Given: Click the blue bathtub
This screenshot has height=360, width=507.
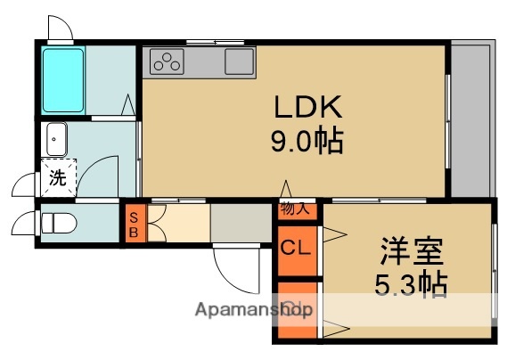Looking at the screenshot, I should (x=62, y=78).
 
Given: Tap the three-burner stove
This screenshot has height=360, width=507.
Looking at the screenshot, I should (x=167, y=61).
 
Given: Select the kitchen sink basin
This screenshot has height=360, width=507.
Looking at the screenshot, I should (x=239, y=61).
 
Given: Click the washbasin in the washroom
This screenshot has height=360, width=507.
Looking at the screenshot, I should (x=57, y=139).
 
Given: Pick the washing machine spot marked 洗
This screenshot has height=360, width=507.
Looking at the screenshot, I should (x=57, y=176).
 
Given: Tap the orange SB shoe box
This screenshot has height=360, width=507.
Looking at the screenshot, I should (x=133, y=225).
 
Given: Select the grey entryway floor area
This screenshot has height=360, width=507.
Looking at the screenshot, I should (x=241, y=224).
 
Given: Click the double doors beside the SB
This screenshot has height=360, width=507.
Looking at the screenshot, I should (x=155, y=225).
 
